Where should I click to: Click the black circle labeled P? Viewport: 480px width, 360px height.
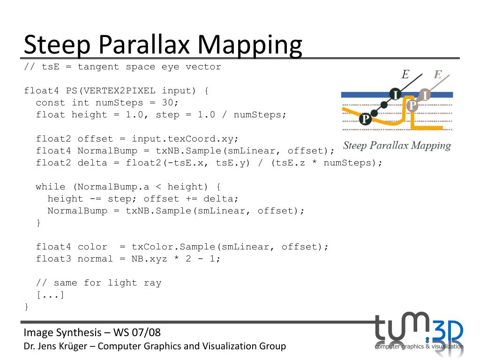coord(365,119)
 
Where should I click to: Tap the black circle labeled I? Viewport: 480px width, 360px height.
coord(396,95)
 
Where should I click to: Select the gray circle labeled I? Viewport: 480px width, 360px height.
coord(424,95)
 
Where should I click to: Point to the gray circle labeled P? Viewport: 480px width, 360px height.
coord(412,105)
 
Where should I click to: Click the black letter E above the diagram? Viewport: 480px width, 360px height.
coord(405,74)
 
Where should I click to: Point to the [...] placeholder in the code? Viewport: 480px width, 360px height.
coord(51,295)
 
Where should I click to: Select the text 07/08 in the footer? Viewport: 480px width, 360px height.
coord(146,333)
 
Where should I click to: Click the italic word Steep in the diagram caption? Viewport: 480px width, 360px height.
coord(355,145)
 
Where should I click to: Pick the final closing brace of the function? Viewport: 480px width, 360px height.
coord(27,307)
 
